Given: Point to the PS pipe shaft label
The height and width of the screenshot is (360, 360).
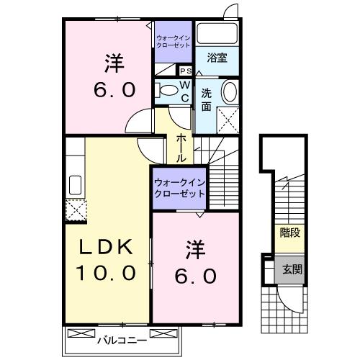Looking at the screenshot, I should tap(185, 71).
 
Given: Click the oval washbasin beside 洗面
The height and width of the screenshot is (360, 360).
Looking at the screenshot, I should tap(228, 92).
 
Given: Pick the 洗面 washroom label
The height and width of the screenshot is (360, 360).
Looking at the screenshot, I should tap(206, 99).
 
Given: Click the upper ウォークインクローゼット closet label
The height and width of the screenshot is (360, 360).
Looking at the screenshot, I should tap(173, 41).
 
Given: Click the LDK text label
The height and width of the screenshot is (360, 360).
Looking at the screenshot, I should tap(106, 247).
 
